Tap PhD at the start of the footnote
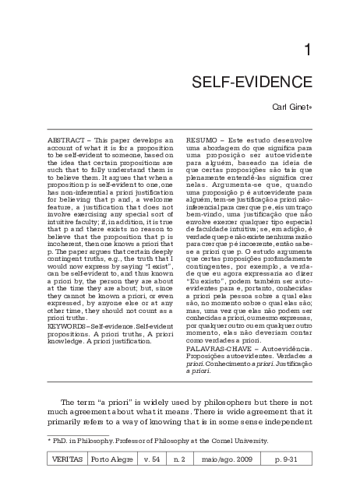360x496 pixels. point(62,441)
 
